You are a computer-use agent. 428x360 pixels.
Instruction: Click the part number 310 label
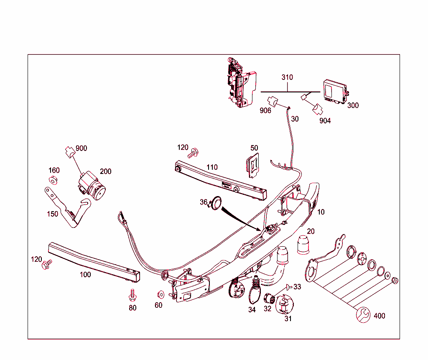(287, 77)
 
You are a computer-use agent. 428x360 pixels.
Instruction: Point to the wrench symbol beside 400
(363, 314)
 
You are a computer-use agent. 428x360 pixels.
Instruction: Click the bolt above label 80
(132, 295)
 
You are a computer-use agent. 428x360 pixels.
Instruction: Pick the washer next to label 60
(159, 294)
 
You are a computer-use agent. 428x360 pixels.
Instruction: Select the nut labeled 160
(53, 180)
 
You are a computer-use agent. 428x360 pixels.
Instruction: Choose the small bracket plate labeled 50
(253, 166)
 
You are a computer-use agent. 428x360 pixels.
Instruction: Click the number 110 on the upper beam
(212, 167)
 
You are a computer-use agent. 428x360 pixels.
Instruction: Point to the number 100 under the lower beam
(85, 275)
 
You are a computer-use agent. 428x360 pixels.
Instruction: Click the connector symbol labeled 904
(316, 109)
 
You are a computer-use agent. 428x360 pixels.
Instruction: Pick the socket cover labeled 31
(286, 305)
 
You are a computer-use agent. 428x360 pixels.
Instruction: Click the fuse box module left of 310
(240, 84)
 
